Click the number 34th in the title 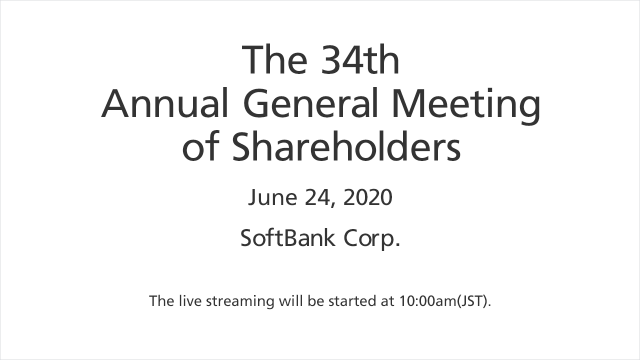click(x=360, y=60)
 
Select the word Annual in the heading click(x=164, y=103)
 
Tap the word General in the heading click(x=310, y=103)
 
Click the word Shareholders click(x=346, y=146)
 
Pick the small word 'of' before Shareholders click(x=201, y=146)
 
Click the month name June click(x=272, y=197)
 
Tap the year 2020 click(x=367, y=197)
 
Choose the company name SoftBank click(x=287, y=237)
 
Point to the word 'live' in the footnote click(x=190, y=300)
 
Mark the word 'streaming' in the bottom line click(x=240, y=302)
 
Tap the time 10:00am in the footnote click(x=428, y=300)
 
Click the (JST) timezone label click(x=473, y=301)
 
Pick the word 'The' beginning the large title click(x=274, y=60)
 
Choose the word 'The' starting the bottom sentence click(x=161, y=300)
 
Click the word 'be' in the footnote click(x=315, y=300)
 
